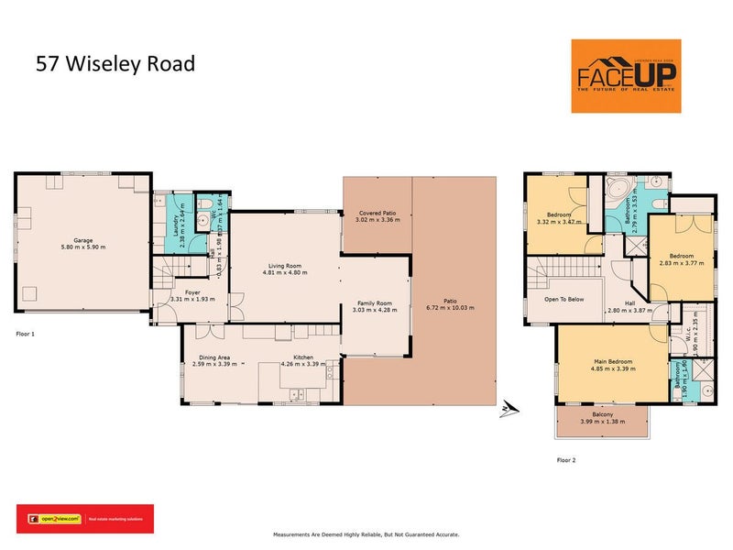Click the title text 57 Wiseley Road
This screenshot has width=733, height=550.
coord(115,65)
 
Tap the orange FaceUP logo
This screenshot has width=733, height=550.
coord(626,76)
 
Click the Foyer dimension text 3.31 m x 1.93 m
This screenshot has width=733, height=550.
coord(185,300)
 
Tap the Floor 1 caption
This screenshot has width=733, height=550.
coord(26,334)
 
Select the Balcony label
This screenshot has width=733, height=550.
coord(602,415)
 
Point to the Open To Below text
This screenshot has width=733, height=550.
coord(564,299)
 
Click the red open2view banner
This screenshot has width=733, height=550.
coord(85,518)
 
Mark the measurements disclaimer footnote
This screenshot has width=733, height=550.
coord(366,533)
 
